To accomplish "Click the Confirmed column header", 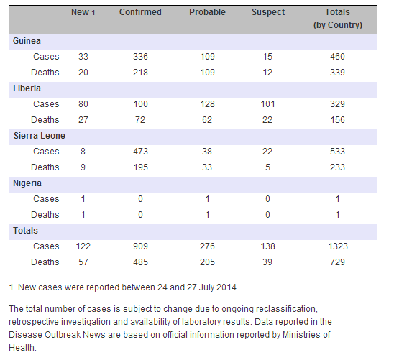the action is tap(140, 12).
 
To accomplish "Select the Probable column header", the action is tap(207, 12).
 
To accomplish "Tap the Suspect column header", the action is tap(268, 12).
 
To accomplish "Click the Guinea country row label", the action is tap(27, 41).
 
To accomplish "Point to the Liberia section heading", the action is tap(27, 88).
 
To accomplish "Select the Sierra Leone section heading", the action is tap(40, 136).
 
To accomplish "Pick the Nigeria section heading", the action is tap(27, 183).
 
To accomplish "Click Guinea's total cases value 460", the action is tap(337, 57).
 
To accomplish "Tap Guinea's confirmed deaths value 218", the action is tap(140, 73).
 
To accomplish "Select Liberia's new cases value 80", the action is tap(83, 104).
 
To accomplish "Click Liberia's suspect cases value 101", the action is tap(268, 104).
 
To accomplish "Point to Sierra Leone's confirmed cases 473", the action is tap(140, 152).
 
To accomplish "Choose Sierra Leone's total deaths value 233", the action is tap(337, 167).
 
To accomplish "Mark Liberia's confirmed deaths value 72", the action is tap(140, 120).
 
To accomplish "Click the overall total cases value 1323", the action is tap(338, 246).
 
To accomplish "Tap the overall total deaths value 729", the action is tap(337, 262).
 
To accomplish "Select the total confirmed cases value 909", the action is tap(140, 246).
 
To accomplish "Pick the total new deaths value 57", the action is tap(83, 262).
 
